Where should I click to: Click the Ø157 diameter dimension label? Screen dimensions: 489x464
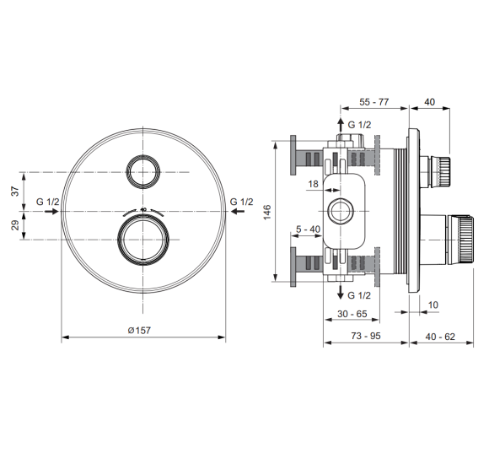click(139, 331)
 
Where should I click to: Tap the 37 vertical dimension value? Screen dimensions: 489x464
click(15, 191)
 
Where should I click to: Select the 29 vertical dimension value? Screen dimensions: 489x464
click(15, 225)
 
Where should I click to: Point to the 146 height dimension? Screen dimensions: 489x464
click(267, 213)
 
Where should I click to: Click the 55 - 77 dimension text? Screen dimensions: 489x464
click(374, 102)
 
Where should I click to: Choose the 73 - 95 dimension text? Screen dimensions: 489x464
click(366, 336)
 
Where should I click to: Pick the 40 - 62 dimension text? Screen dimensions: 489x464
click(440, 337)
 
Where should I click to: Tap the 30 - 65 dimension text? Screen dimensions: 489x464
click(352, 314)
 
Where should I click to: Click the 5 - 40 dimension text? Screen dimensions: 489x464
click(308, 229)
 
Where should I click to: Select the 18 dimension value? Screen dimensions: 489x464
click(313, 184)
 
